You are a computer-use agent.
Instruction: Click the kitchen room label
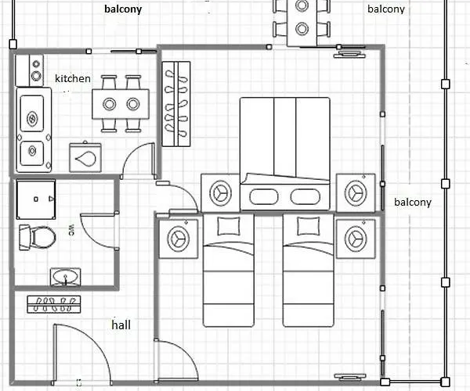(73, 78)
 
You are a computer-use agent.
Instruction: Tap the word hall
(121, 325)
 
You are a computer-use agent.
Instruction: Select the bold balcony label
(123, 9)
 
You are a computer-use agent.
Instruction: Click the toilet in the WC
(37, 238)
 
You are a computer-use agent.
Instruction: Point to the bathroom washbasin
(65, 276)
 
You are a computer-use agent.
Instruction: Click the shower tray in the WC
(36, 199)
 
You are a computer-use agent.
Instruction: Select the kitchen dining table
(121, 104)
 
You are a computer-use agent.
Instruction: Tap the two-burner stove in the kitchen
(36, 70)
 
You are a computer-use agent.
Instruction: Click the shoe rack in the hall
(53, 304)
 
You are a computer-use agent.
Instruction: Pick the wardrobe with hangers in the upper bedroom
(176, 104)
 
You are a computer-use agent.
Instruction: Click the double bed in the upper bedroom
(285, 153)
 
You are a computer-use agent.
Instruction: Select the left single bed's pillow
(229, 226)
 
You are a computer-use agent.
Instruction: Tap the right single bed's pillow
(309, 226)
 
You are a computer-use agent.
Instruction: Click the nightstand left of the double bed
(220, 193)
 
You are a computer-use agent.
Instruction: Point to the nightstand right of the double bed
(356, 193)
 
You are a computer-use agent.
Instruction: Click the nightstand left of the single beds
(179, 239)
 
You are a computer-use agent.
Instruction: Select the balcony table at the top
(302, 23)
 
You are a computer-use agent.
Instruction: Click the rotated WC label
(71, 230)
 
